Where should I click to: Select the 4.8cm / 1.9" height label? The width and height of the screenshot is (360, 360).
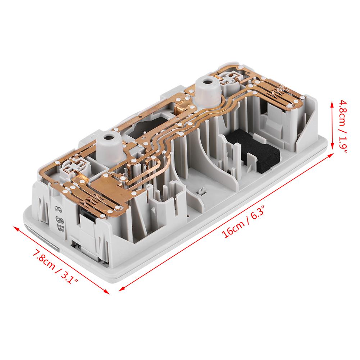coord(343,126)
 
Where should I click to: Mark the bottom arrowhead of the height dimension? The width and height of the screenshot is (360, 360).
coord(332,146)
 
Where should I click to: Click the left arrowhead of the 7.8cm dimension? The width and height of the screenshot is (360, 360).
coord(17,228)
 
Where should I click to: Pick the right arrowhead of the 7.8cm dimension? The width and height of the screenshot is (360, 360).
coord(106,292)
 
